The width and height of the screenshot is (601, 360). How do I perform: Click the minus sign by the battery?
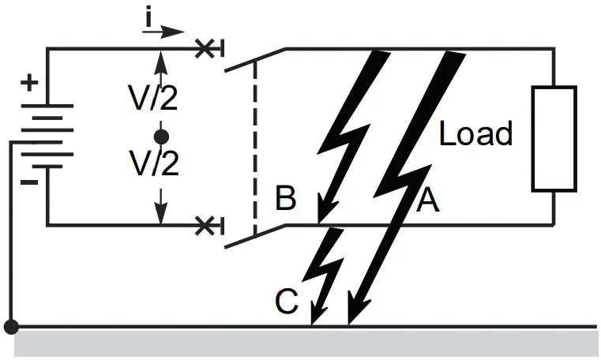(x=29, y=182)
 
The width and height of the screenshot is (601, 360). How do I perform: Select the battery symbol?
(x=48, y=135)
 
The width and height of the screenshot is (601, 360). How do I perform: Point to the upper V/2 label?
(x=155, y=99)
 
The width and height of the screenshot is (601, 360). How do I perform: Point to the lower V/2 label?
(x=155, y=164)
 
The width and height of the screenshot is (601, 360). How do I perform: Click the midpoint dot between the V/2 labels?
(x=161, y=137)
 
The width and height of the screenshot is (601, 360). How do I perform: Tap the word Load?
(x=475, y=134)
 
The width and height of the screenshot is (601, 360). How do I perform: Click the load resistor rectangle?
(x=553, y=140)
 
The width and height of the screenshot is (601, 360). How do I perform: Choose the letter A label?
(x=426, y=201)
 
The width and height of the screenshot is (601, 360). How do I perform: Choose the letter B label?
(x=285, y=199)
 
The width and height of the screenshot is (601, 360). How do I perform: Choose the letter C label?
(x=287, y=302)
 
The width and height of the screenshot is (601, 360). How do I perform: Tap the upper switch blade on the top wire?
(x=253, y=60)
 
